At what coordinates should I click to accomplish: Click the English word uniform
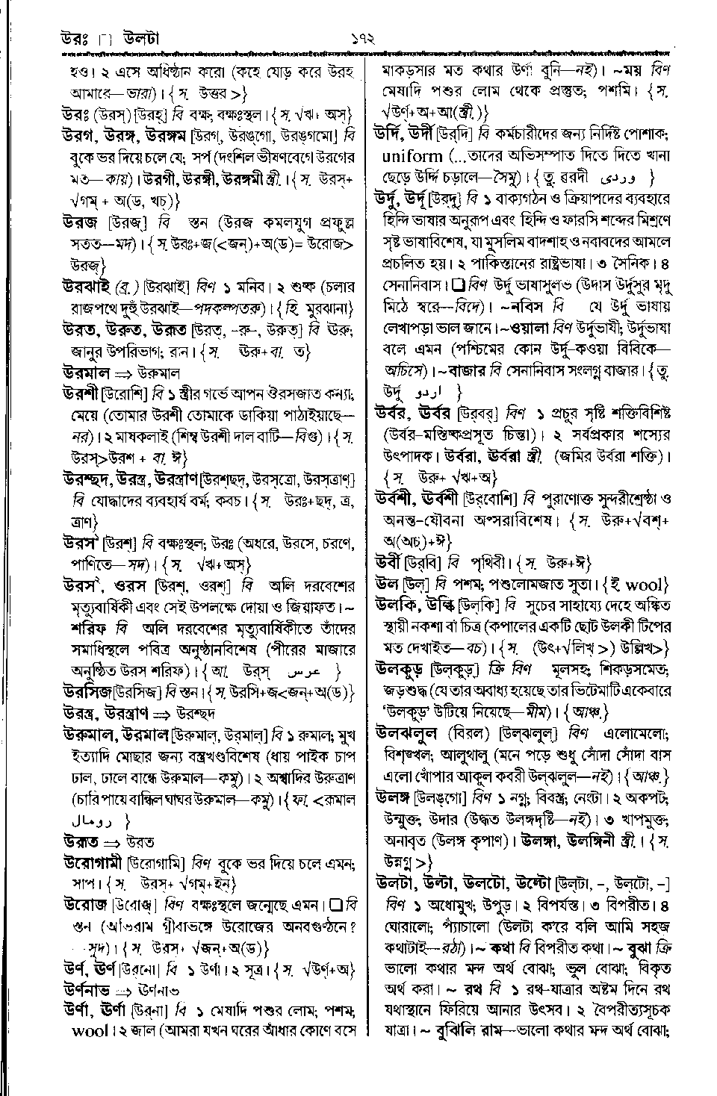tap(412, 156)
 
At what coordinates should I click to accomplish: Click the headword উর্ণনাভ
tap(87, 991)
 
